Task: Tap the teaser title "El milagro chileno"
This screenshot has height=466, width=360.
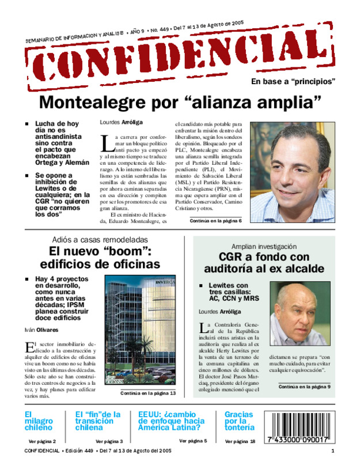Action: (38, 421)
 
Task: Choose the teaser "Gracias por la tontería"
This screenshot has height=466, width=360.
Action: (239, 421)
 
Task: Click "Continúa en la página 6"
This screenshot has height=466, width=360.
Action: (215, 221)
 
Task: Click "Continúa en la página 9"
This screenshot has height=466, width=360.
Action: (304, 387)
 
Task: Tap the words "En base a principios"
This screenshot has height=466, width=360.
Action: (293, 82)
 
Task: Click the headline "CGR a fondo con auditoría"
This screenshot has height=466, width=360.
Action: (264, 263)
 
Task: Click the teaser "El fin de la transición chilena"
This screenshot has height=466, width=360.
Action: (98, 421)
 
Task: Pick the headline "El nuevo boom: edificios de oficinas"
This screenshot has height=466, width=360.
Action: (104, 258)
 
